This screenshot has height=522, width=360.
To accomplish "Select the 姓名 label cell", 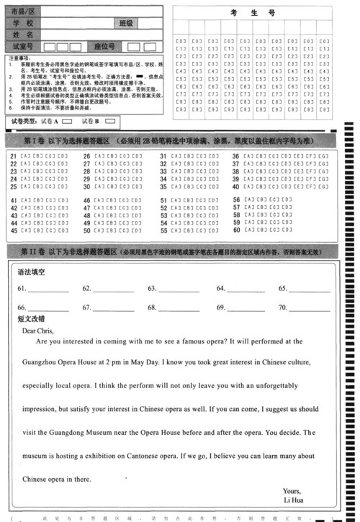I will click(x=23, y=35).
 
